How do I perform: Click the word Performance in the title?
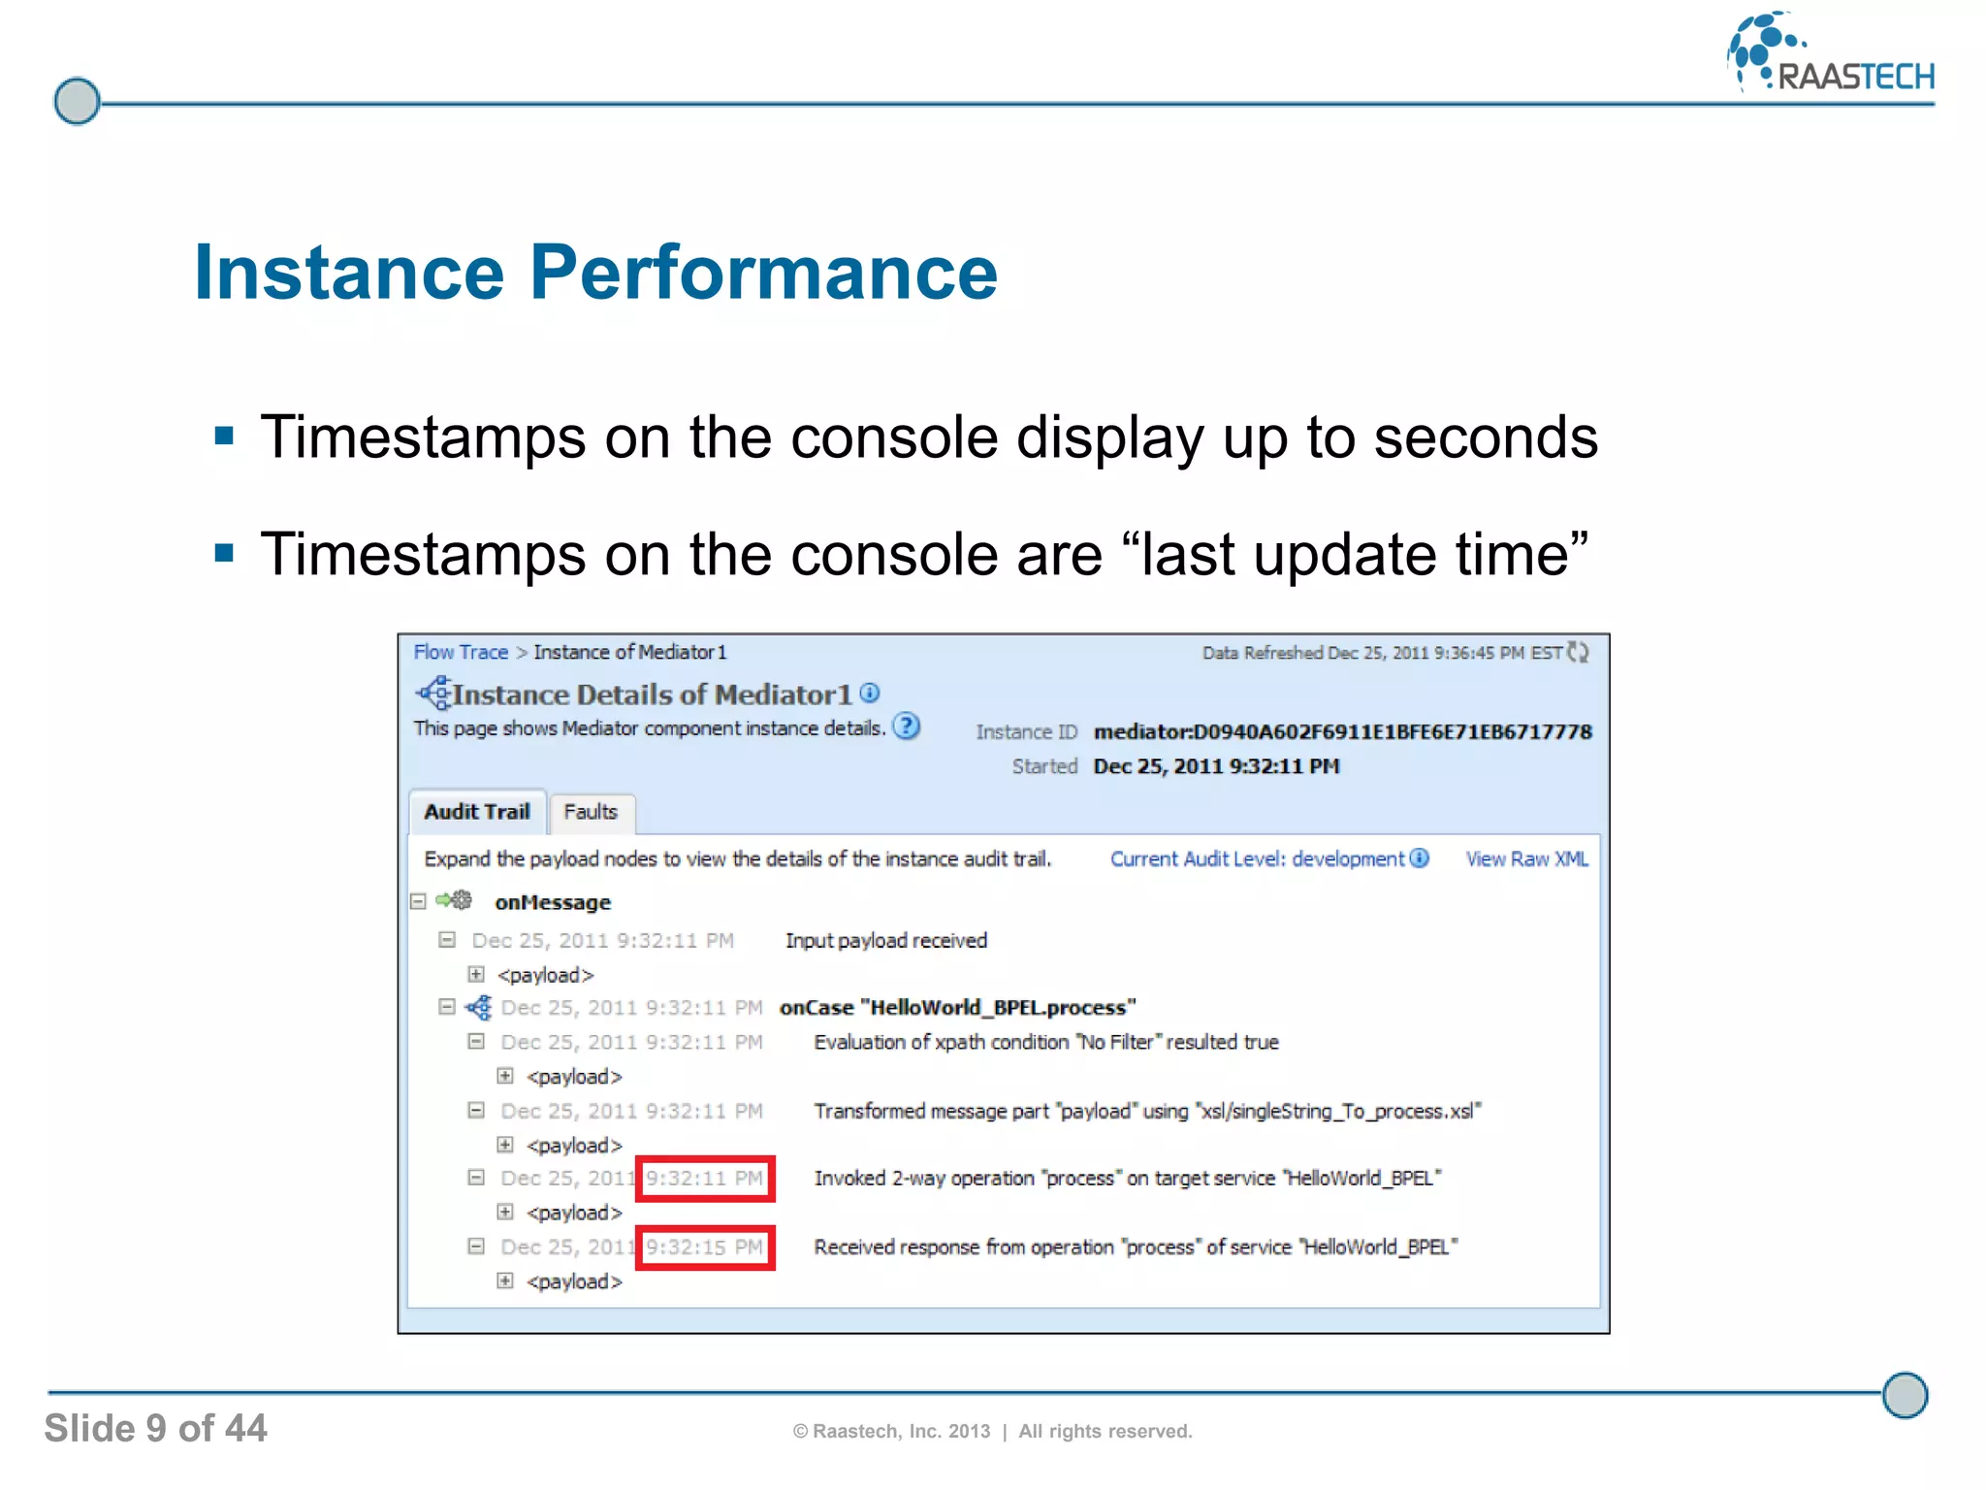click(x=763, y=273)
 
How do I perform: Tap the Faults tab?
click(x=591, y=812)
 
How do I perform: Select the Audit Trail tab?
click(x=476, y=812)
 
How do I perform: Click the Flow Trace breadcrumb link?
click(x=461, y=652)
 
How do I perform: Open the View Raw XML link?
click(x=1526, y=858)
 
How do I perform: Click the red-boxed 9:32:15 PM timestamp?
click(x=705, y=1247)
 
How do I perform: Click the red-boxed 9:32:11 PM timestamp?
click(x=705, y=1179)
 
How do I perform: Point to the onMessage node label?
click(x=553, y=902)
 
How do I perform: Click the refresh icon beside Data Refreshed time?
click(x=1579, y=652)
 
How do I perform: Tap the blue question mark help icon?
click(x=906, y=727)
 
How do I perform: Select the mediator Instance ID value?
click(x=1342, y=731)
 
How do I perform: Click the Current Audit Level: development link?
click(x=1257, y=858)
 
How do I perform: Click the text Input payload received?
click(x=886, y=940)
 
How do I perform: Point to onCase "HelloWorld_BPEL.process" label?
click(x=957, y=1008)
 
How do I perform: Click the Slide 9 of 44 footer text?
click(x=155, y=1428)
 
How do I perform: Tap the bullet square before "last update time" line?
click(x=225, y=553)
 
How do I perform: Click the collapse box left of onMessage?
click(x=418, y=901)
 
